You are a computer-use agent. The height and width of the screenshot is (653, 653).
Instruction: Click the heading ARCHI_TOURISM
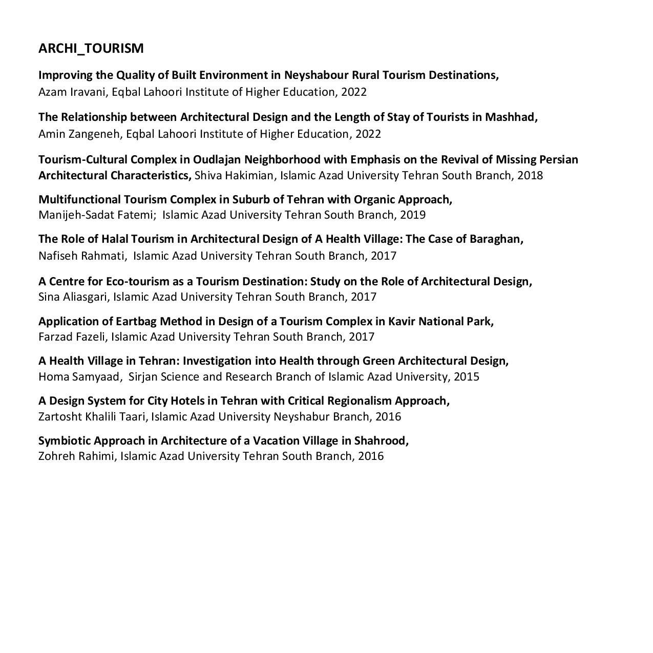coord(91,49)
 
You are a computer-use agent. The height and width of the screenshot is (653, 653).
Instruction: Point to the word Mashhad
coord(510,117)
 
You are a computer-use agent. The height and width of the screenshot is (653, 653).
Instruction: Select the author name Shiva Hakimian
coord(235,176)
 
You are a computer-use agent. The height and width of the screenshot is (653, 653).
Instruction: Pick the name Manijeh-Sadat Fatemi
coord(97,215)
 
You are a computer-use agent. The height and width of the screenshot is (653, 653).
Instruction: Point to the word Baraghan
coord(496,239)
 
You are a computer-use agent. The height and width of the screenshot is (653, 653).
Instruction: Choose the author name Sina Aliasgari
coord(73,297)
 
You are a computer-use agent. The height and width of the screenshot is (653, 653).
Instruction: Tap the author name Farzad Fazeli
coord(72,337)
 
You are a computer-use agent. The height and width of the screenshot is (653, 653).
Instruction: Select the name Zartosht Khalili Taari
coord(93,417)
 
